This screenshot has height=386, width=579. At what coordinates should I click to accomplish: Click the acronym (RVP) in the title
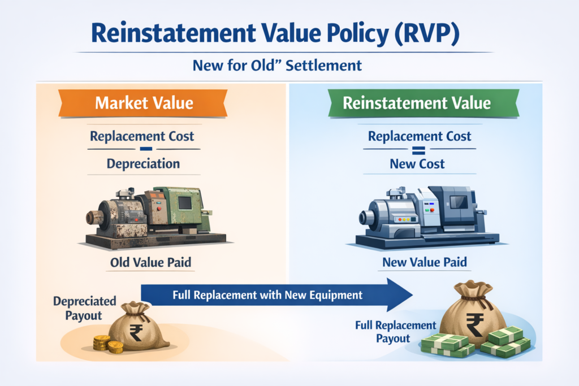click(x=426, y=33)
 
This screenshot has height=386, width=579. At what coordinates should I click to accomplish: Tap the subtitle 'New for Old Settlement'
click(x=277, y=66)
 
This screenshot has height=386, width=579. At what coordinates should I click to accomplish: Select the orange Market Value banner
click(x=143, y=103)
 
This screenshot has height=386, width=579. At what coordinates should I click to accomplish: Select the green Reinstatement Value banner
click(x=424, y=103)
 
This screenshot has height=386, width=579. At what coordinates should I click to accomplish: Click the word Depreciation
click(x=143, y=163)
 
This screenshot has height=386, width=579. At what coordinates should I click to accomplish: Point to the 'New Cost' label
click(x=417, y=163)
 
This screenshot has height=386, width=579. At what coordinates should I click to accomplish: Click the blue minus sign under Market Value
click(x=146, y=149)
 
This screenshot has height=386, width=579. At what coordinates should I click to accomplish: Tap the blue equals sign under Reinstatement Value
click(x=418, y=150)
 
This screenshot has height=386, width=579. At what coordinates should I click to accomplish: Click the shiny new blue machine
click(x=427, y=217)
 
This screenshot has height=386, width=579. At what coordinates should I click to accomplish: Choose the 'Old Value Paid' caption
click(x=150, y=262)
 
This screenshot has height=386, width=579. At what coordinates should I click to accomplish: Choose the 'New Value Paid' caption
click(x=425, y=262)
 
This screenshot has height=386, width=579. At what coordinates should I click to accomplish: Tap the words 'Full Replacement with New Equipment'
click(x=267, y=295)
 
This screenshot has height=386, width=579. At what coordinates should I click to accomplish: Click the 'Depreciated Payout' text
click(x=85, y=309)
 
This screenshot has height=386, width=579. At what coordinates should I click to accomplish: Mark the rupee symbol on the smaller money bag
click(x=136, y=332)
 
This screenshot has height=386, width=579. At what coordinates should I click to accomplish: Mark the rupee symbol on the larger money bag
click(x=474, y=324)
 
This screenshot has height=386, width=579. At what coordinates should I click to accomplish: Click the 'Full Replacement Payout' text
click(x=395, y=332)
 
